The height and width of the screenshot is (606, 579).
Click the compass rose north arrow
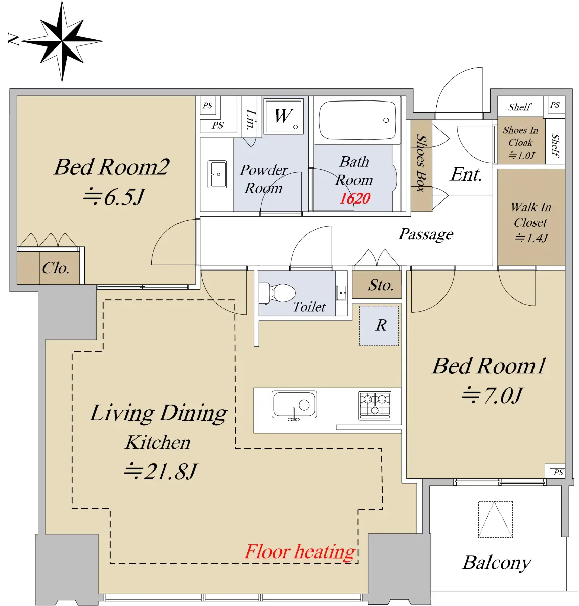click(62, 41)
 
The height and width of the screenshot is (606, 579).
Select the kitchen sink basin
click(294, 405)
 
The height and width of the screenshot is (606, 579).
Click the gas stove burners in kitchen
click(375, 406)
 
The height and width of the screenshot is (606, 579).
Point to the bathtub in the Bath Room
click(357, 121)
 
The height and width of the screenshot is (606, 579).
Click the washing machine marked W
click(283, 117)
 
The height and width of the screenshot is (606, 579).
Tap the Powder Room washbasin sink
click(216, 174)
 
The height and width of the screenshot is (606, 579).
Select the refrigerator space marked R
click(379, 326)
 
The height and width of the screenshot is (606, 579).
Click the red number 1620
click(354, 198)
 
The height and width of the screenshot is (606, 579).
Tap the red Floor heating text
click(299, 552)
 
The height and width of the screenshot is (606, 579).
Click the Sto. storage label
click(381, 285)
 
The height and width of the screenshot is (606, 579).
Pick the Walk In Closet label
click(531, 215)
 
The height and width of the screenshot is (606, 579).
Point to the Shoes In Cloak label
click(520, 136)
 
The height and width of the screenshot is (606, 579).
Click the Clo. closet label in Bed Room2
click(56, 268)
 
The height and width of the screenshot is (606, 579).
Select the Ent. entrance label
click(466, 174)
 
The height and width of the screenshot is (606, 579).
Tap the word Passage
click(426, 234)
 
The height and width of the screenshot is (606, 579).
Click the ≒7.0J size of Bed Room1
click(493, 395)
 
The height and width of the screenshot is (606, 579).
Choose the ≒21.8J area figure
click(160, 471)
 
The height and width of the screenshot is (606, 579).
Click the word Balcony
click(497, 563)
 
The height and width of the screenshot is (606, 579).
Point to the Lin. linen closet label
click(251, 120)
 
